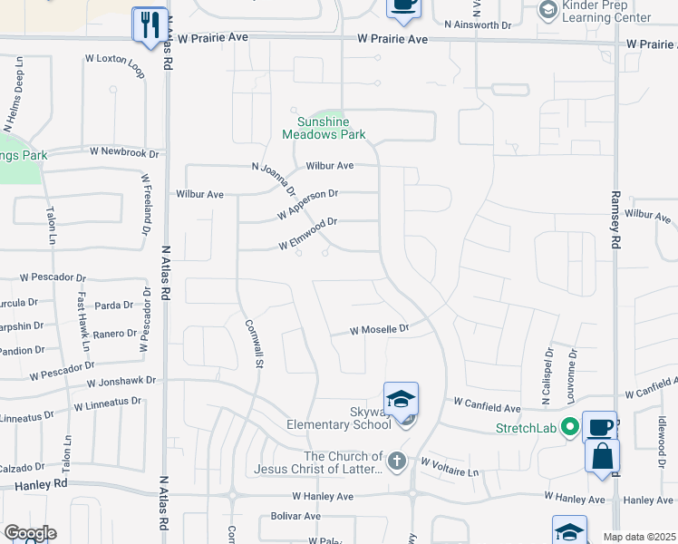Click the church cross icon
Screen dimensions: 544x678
395,461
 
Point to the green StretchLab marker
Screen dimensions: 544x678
569,425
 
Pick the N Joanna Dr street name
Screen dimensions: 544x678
274,180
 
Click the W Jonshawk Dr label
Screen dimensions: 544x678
121,384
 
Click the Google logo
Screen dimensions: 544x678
30,533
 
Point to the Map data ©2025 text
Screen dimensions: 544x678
639,537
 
